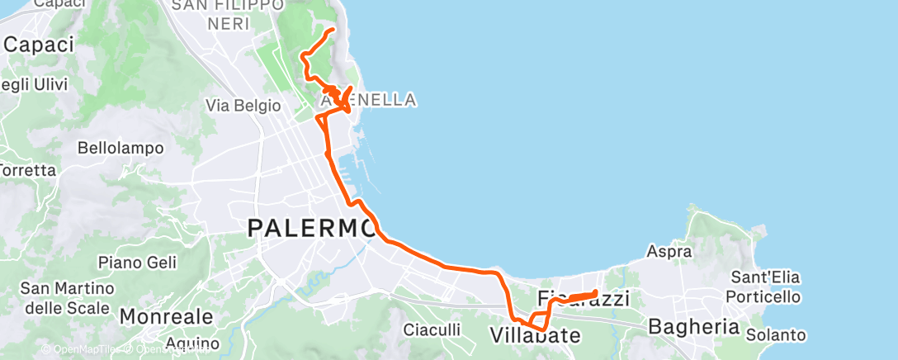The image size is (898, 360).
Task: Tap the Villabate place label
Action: click(x=535, y=335)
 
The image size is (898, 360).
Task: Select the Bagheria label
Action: click(x=693, y=326)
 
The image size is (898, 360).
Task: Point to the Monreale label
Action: click(x=167, y=316)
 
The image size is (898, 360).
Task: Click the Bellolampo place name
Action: click(x=121, y=149)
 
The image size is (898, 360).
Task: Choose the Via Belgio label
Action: click(x=243, y=106)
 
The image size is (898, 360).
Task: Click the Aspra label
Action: click(x=669, y=251)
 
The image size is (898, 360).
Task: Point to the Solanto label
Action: click(x=775, y=334)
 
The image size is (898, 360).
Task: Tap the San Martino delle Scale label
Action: click(x=64, y=298)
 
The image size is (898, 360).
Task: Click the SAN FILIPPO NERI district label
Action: click(x=222, y=15)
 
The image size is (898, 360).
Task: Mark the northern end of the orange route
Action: click(x=333, y=30)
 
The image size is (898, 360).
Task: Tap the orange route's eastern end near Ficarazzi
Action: click(x=596, y=292)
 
